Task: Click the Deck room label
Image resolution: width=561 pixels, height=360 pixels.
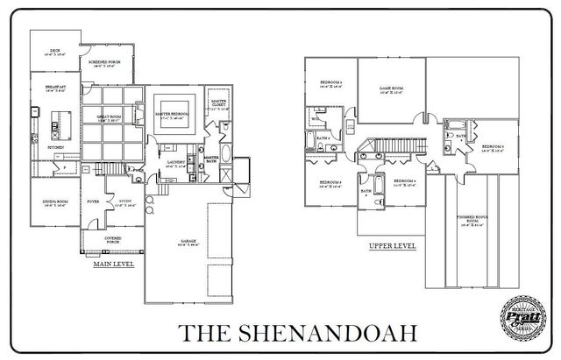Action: point(53,52)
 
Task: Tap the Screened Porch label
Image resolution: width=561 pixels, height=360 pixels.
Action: point(103,62)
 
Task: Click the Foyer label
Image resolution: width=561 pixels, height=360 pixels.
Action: point(92,201)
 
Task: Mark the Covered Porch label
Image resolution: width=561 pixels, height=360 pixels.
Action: point(111,237)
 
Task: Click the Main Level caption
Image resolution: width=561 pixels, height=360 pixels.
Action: point(113,262)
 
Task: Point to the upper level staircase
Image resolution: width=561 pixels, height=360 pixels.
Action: point(399,144)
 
